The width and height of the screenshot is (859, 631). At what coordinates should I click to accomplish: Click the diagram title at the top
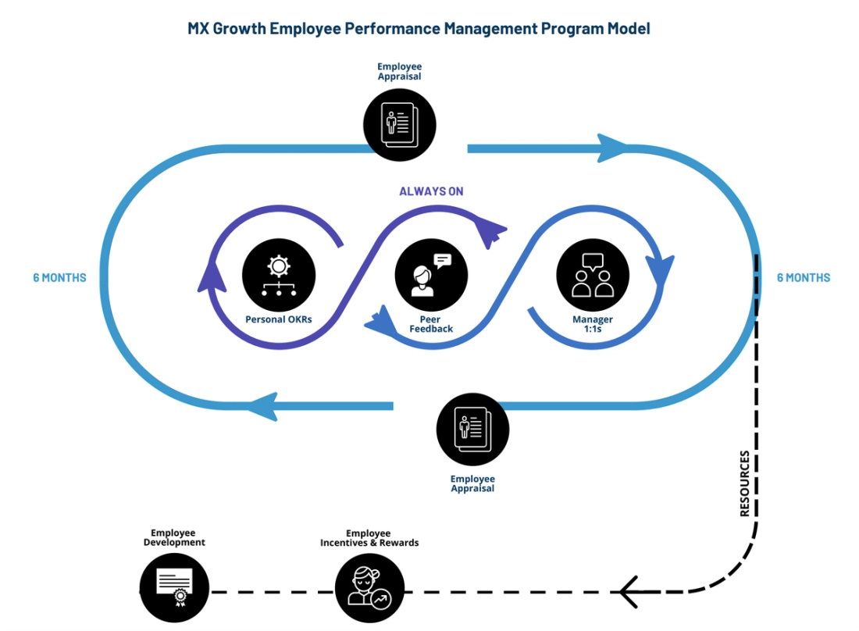pyautogui.click(x=419, y=29)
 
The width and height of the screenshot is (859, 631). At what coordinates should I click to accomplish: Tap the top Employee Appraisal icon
pyautogui.click(x=399, y=121)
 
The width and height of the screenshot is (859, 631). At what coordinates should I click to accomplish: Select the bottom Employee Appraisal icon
pyautogui.click(x=472, y=430)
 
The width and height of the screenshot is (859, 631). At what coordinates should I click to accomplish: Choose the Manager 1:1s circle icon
pyautogui.click(x=593, y=275)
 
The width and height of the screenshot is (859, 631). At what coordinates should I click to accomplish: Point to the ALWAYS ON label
pyautogui.click(x=431, y=191)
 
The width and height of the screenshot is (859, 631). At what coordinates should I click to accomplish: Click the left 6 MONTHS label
pyautogui.click(x=59, y=277)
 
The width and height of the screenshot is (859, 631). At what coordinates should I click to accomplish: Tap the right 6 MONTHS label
pyautogui.click(x=804, y=277)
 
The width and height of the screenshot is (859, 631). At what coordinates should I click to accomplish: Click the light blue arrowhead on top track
pyautogui.click(x=613, y=148)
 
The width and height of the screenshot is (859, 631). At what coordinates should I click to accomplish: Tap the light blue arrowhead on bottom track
pyautogui.click(x=262, y=406)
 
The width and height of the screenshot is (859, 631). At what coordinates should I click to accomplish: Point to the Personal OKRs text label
pyautogui.click(x=279, y=319)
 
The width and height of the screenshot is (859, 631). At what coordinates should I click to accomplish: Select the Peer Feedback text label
pyautogui.click(x=431, y=324)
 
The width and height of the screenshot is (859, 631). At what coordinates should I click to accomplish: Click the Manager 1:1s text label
pyautogui.click(x=593, y=324)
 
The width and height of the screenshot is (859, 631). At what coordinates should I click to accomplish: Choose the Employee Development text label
pyautogui.click(x=174, y=537)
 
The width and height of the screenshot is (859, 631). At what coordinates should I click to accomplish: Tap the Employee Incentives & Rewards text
pyautogui.click(x=369, y=538)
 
